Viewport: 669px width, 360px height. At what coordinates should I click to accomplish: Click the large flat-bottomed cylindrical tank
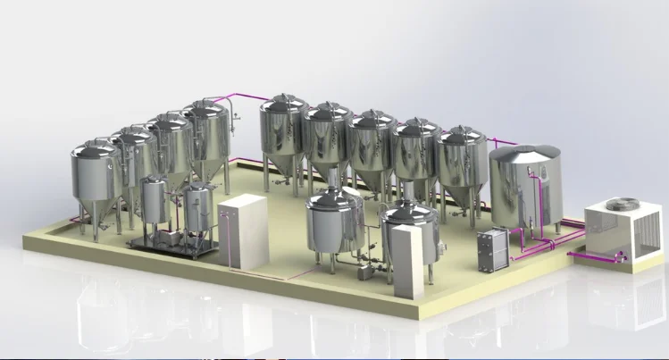pos(525,192)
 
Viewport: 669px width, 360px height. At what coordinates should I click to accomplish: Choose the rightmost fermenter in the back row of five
pos(462,161)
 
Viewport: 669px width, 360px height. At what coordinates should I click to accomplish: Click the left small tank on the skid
pos(154,202)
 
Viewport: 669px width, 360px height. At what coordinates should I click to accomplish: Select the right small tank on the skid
pos(198,208)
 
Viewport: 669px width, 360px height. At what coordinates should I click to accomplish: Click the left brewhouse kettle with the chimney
pos(332,223)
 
